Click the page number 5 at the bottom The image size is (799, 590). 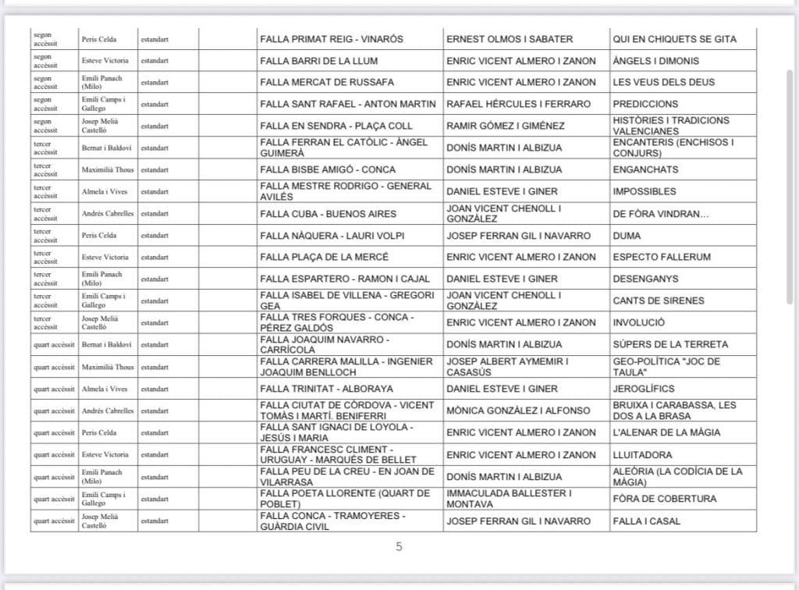point(399,547)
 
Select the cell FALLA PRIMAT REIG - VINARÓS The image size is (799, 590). point(332,39)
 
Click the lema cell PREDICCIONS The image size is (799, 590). point(645,104)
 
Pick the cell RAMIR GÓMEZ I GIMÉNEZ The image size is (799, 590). point(507,126)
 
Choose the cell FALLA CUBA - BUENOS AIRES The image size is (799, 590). point(328,214)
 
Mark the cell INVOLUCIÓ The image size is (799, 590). point(639,322)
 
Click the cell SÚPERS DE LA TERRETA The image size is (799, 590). point(670,344)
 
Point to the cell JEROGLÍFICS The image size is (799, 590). point(644,389)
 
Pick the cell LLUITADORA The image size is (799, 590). point(642,455)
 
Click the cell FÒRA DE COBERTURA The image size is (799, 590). point(664,499)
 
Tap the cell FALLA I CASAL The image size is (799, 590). point(646,521)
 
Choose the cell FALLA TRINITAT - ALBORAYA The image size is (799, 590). point(327,389)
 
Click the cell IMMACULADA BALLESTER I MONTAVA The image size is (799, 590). point(510,499)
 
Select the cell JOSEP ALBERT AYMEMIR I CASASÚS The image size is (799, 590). point(507,367)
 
